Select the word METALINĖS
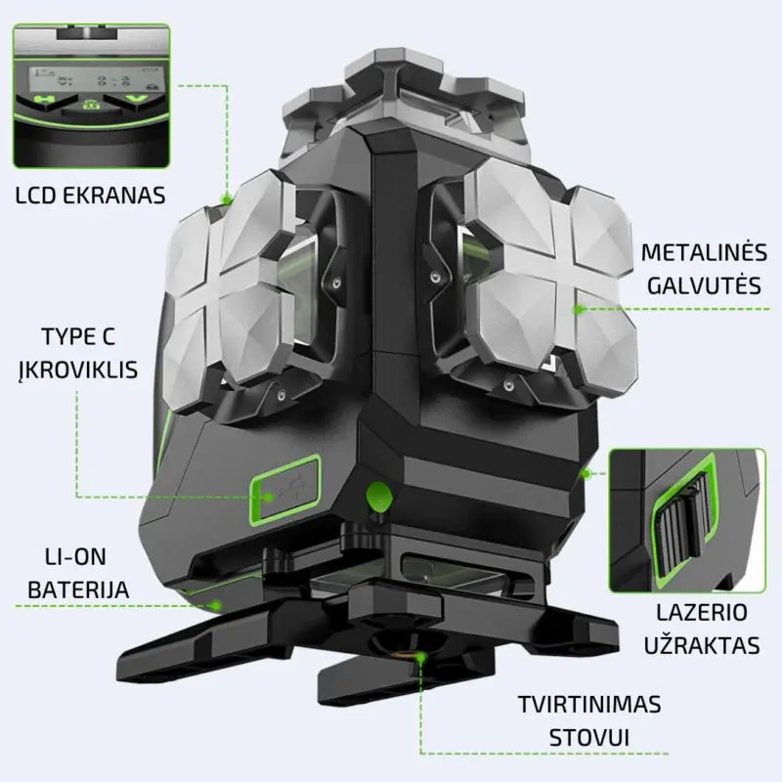point(704,252)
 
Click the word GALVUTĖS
point(704,285)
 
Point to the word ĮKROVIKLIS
point(78,370)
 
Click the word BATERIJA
point(78,590)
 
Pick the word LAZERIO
point(702,613)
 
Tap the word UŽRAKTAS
point(702,645)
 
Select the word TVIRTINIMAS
point(589,705)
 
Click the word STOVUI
point(589,738)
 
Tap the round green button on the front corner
point(379,497)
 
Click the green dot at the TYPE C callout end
point(269,497)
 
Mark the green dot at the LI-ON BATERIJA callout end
point(216,606)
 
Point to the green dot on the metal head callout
point(579,309)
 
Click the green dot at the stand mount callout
point(420,657)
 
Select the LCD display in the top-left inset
point(91,77)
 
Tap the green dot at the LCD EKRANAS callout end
point(227,200)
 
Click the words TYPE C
point(78,336)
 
